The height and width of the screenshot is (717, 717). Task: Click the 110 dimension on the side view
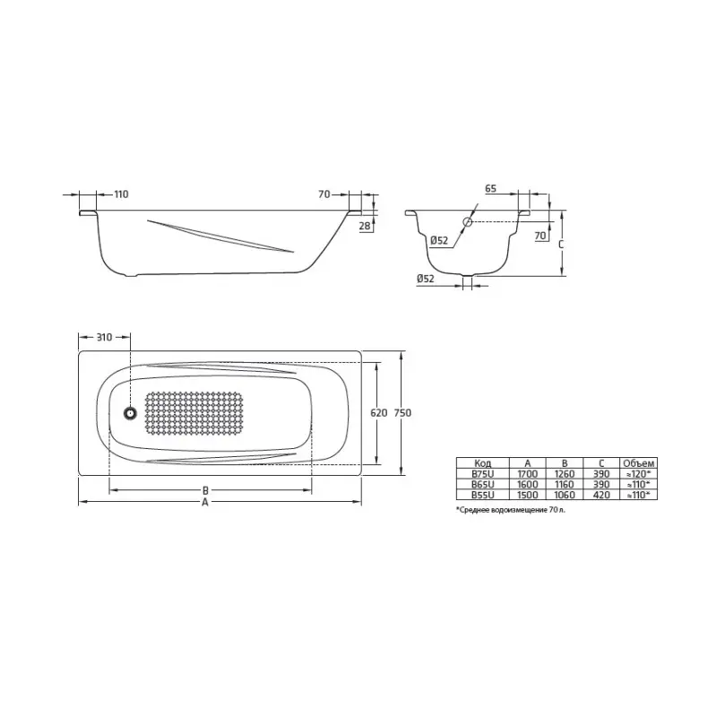pyautogui.click(x=122, y=194)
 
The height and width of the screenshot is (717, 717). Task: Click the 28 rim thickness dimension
pyautogui.click(x=365, y=226)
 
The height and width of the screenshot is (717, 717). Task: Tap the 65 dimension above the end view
pyautogui.click(x=491, y=190)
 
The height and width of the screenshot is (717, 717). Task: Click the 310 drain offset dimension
pyautogui.click(x=104, y=337)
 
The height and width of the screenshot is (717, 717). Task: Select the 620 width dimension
pyautogui.click(x=377, y=413)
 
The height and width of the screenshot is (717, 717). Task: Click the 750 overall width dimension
pyautogui.click(x=403, y=413)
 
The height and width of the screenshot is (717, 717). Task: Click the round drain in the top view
pyautogui.click(x=130, y=413)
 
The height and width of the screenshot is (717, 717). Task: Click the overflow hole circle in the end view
pyautogui.click(x=468, y=221)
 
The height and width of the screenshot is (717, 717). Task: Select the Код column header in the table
pyautogui.click(x=482, y=462)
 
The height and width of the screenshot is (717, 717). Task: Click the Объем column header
pyautogui.click(x=638, y=462)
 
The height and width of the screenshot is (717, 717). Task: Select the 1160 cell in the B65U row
pyautogui.click(x=565, y=483)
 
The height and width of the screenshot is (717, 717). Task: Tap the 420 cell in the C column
pyautogui.click(x=601, y=494)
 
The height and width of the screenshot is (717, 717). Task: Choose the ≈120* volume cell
pyautogui.click(x=638, y=473)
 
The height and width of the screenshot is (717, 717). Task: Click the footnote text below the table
pyautogui.click(x=511, y=509)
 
